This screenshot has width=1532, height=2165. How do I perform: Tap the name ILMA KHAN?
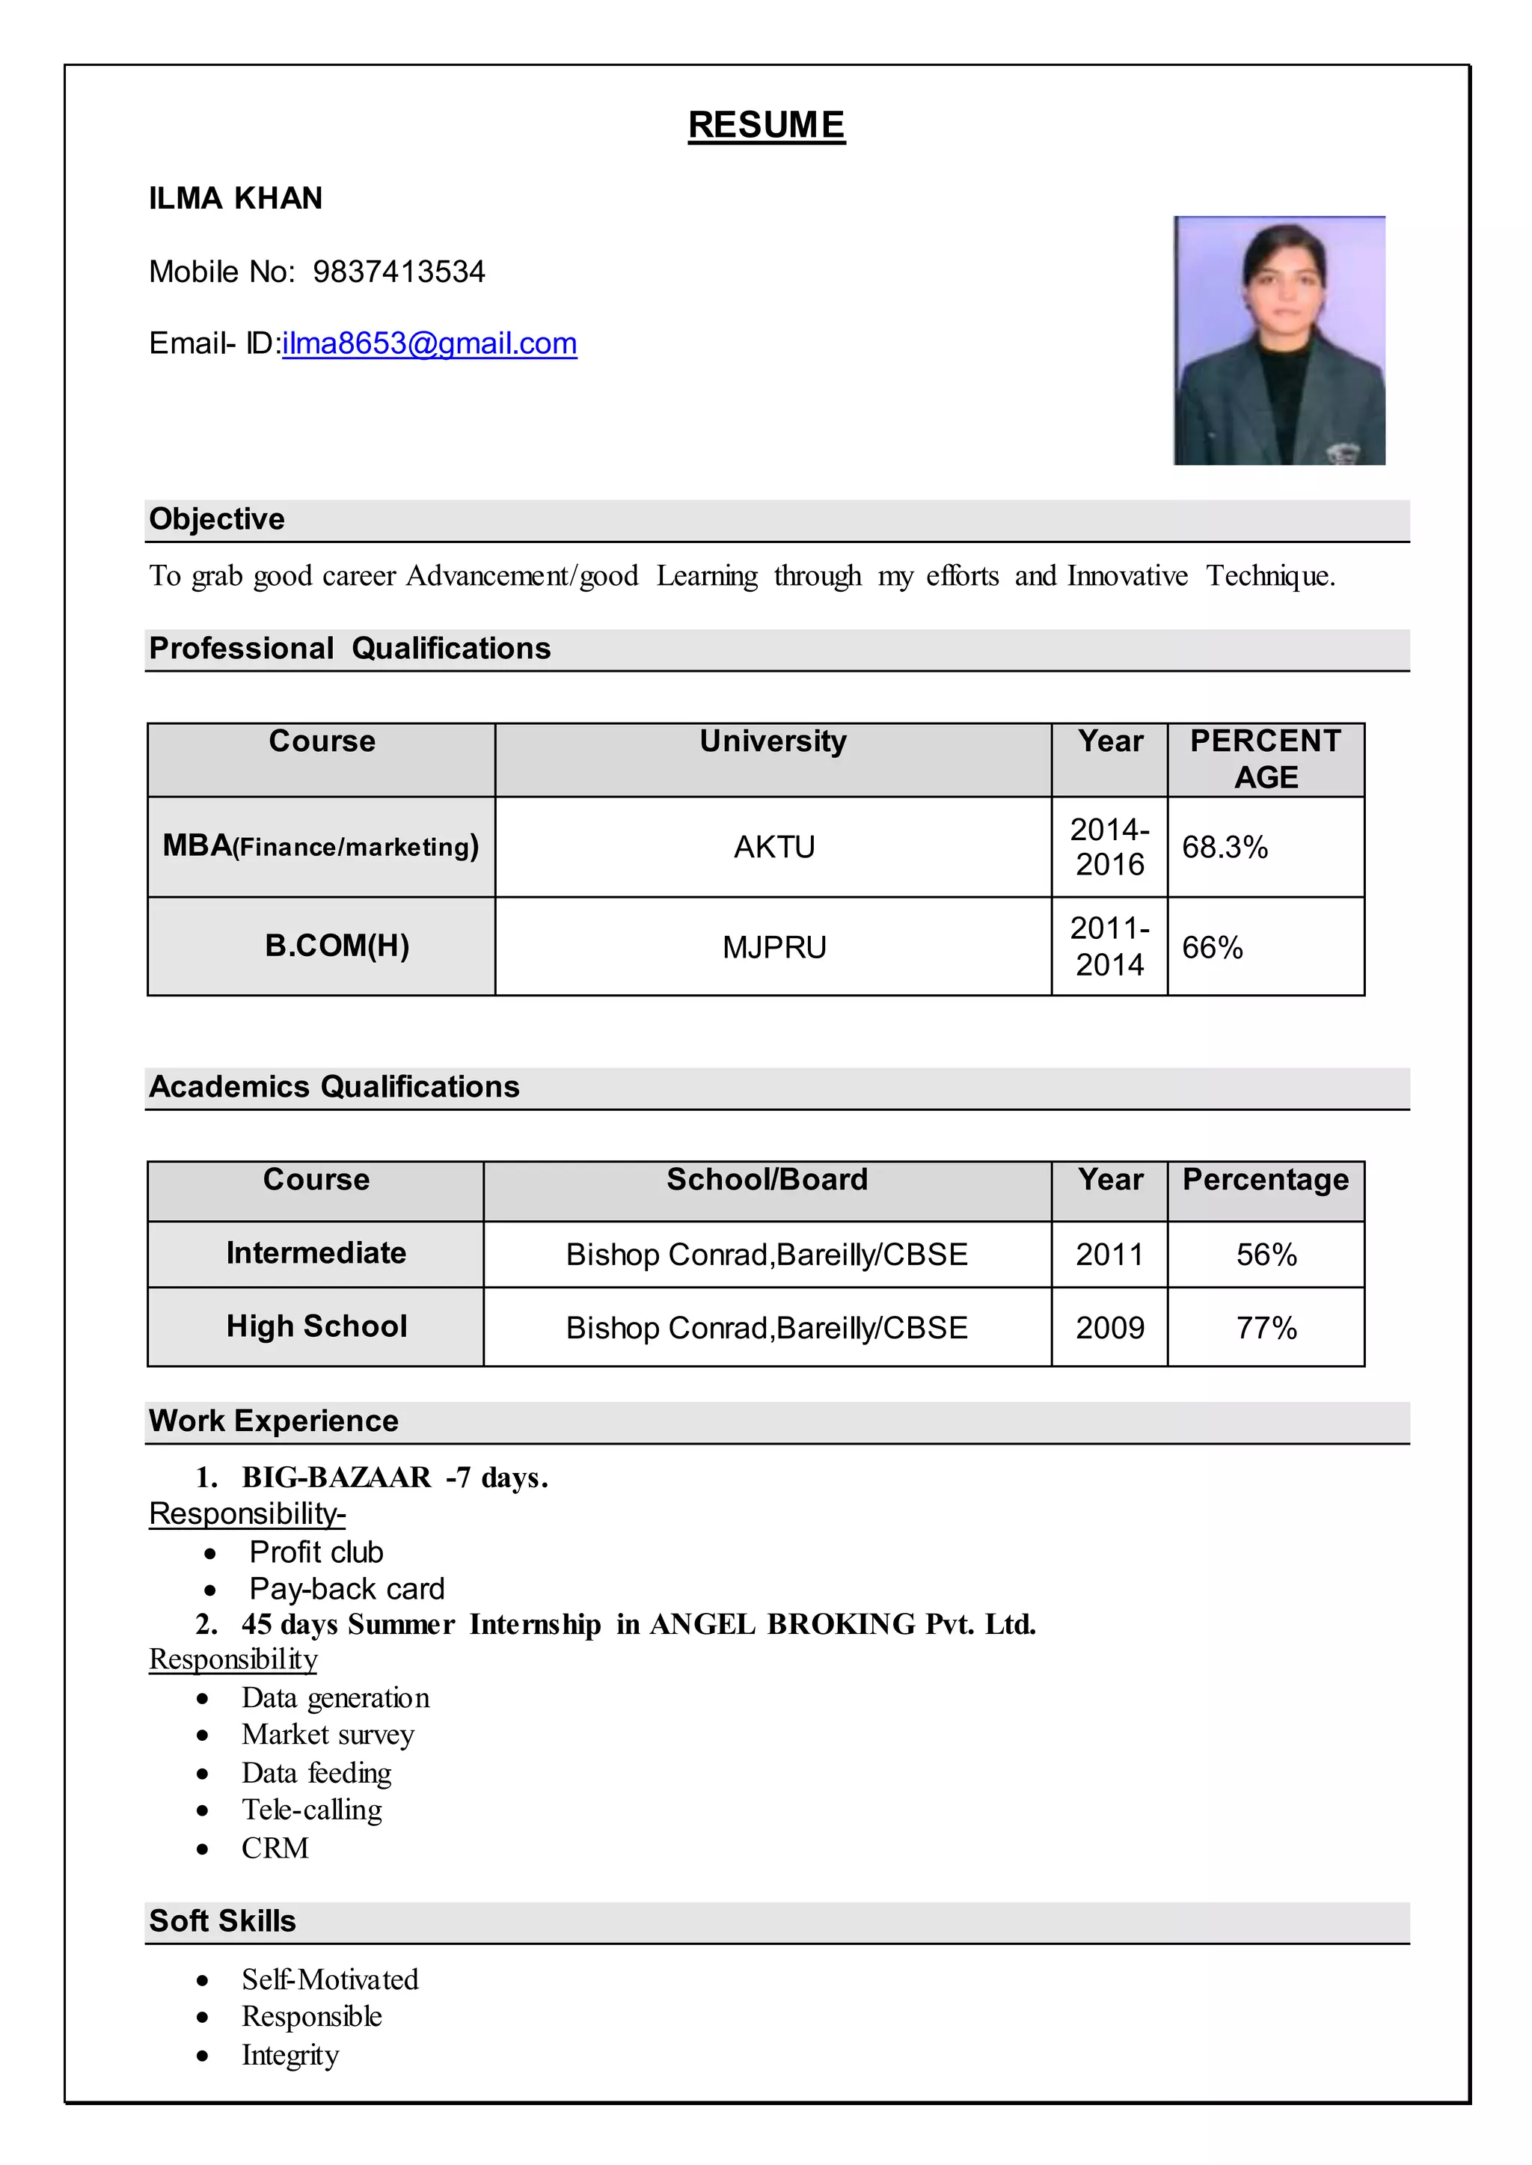point(236,198)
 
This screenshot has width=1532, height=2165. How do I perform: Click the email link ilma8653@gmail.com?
point(429,343)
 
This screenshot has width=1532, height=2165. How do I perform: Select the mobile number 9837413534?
point(398,272)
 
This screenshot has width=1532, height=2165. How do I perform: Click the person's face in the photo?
point(1279,283)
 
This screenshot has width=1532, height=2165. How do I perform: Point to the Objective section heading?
point(217,519)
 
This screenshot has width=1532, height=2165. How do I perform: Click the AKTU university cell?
point(773,847)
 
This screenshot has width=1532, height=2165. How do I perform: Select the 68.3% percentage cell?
point(1225,847)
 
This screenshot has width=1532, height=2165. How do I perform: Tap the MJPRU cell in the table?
point(773,947)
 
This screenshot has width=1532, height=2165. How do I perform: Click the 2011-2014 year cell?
point(1109,946)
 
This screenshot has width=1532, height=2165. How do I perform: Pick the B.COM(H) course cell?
point(337,946)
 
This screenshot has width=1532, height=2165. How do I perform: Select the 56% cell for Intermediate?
point(1266,1255)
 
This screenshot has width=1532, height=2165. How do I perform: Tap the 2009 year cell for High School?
point(1109,1328)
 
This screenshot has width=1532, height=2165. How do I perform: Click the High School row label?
point(317,1326)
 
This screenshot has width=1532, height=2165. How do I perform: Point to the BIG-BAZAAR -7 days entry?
point(394,1477)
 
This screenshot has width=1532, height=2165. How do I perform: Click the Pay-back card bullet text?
point(346,1589)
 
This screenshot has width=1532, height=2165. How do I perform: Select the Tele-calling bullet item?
point(311,1810)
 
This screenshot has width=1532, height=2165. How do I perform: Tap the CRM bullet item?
point(275,1847)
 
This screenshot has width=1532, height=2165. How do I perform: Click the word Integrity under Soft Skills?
point(289,2054)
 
